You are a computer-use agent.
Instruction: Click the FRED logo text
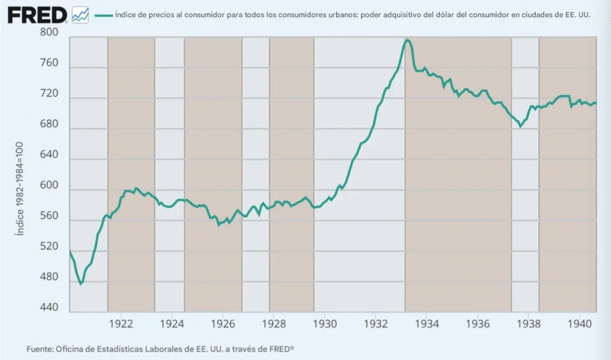point(36,14)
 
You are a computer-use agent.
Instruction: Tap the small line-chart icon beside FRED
point(80,14)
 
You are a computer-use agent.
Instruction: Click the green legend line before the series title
point(102,14)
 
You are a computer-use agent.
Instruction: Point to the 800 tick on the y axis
point(49,33)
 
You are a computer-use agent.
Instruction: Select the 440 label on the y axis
point(49,307)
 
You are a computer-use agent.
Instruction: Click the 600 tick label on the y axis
point(49,185)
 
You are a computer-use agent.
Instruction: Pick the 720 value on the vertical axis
point(49,94)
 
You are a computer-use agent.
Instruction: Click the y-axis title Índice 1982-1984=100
point(20,188)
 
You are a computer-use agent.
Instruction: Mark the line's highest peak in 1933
point(408,40)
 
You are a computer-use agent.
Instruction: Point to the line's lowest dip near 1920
point(80,284)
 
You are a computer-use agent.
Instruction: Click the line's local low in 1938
point(521,126)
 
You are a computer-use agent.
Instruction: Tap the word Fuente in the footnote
point(40,349)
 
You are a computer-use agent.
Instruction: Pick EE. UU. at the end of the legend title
point(578,14)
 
